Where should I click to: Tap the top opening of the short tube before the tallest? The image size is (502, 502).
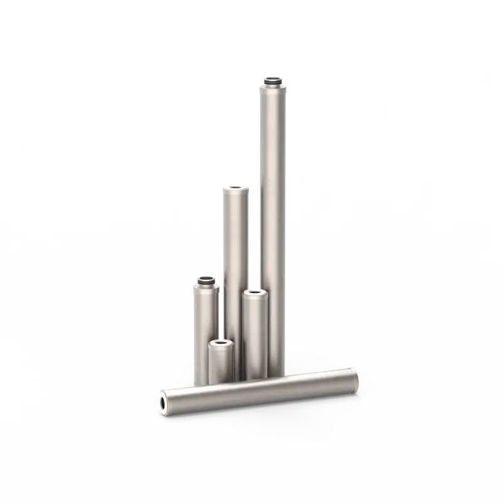pyautogui.click(x=255, y=292)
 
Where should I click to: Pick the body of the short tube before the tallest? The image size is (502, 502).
pyautogui.click(x=255, y=333)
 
